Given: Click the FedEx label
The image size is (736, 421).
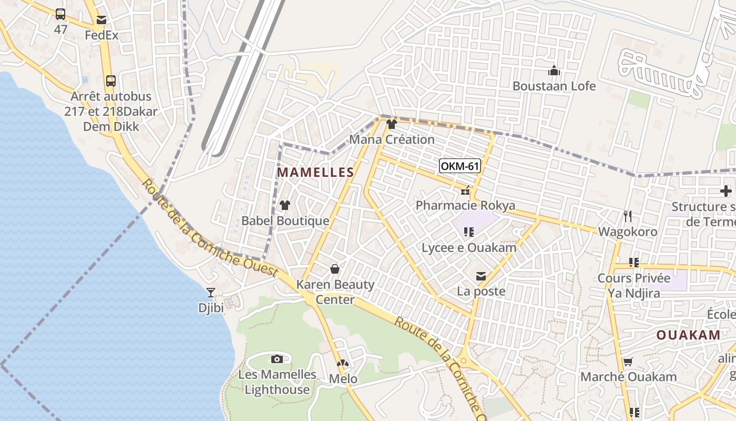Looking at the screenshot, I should pos(101,36).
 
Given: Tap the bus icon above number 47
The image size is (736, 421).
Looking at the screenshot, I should pos(60,14).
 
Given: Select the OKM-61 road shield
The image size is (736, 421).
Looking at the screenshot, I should pos(460,166).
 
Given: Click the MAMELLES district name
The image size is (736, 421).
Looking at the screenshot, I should pos(315,172).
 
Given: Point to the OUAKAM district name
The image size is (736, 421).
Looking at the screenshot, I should pos(688,335).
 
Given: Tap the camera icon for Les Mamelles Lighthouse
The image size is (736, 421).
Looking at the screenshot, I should pos(277,359).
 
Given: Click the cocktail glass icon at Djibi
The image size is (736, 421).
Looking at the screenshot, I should pos(211,293).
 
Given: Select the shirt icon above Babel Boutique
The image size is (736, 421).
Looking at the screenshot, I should pos(285,205).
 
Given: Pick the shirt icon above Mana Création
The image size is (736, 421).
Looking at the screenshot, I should pos(392,124).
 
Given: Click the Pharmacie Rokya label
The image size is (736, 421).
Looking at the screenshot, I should pos(465,205).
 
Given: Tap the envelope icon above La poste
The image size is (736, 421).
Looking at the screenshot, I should pos(481,276).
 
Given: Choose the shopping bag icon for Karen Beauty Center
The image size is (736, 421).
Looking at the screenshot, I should pos(335,269).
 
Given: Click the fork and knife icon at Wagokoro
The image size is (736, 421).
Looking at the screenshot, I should pos(627,216).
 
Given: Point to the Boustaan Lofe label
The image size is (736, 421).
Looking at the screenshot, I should pos(554,86).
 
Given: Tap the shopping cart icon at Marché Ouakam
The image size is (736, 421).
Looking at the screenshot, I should pos(628,362).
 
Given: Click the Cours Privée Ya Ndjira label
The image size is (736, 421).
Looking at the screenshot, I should pos(634,285).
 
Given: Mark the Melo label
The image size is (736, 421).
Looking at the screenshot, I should pos(343,379).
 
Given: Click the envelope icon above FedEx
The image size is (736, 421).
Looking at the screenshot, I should pos(101,20).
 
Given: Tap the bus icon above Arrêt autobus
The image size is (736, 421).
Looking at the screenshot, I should pos(110,81).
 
